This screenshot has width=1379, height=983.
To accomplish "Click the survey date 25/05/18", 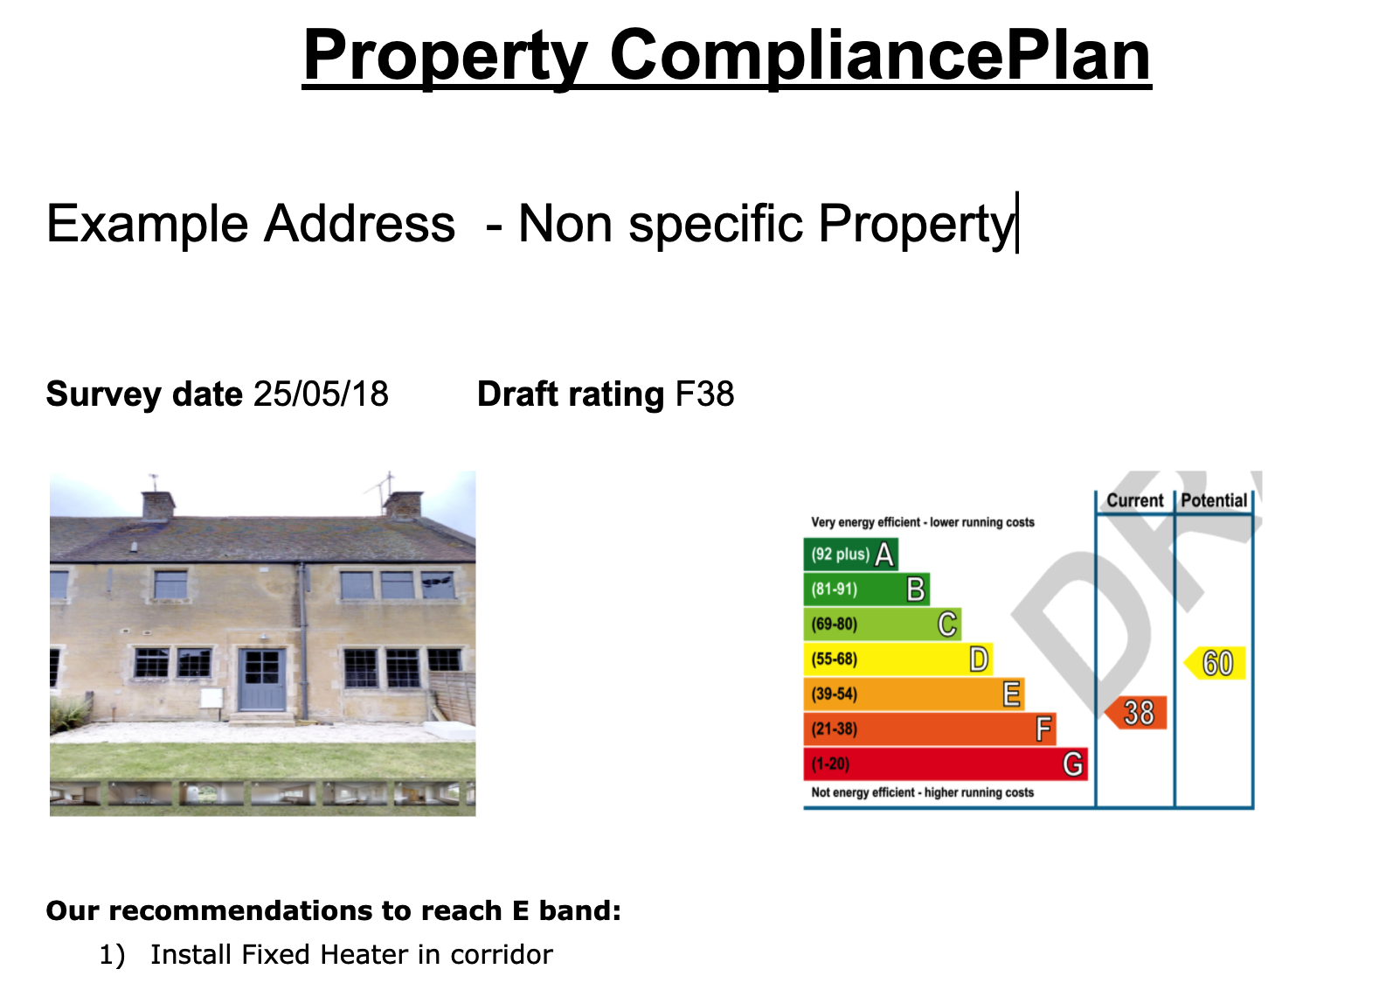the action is [321, 394].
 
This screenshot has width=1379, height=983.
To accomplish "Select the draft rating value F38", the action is [705, 394].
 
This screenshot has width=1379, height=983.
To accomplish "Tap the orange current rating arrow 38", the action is [1136, 713].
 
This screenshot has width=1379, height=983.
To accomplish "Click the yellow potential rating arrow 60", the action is [1215, 663].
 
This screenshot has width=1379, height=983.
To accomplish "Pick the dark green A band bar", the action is [851, 554].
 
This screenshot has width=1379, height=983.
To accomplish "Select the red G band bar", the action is [946, 763].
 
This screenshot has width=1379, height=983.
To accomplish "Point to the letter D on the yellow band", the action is [979, 659].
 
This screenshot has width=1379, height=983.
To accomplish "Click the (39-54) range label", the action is [835, 694].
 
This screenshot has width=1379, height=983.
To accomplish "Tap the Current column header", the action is [1135, 500].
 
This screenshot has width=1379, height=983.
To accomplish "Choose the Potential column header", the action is [1214, 500].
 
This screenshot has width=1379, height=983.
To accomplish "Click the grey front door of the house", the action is [261, 679].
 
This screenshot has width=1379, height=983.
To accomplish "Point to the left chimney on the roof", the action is [158, 504].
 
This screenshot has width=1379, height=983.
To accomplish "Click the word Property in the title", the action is [445, 55].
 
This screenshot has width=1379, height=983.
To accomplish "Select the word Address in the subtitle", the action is [359, 223].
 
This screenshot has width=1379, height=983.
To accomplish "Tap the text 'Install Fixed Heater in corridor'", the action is [351, 954].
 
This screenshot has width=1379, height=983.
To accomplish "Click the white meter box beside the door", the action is [211, 698].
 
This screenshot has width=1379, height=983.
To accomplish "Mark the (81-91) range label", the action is [835, 589].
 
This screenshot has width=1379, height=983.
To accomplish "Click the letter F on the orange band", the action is [1043, 729].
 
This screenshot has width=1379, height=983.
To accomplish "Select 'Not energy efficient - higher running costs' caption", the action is [922, 792].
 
